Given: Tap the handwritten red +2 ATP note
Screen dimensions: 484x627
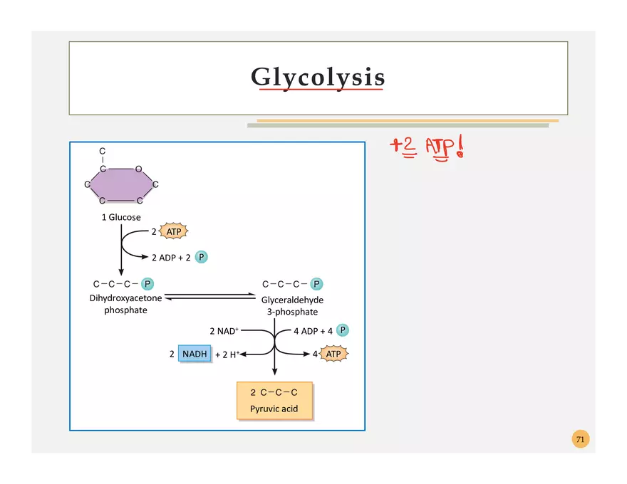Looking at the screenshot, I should click(x=427, y=148).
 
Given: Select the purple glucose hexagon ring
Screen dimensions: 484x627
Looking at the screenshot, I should click(x=120, y=185).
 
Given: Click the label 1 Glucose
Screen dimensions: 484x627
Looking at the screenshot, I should click(x=120, y=217).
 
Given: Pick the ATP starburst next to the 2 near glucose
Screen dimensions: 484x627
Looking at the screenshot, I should click(x=174, y=231).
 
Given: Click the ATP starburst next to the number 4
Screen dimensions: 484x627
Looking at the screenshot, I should click(x=333, y=354).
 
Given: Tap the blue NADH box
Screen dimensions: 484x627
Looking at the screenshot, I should click(x=195, y=354).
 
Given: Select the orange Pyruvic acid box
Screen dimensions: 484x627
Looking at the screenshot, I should click(x=274, y=401).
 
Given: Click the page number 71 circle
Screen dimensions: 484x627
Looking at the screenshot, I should click(x=580, y=439).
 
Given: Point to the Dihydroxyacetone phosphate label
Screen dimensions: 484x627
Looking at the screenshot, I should click(x=125, y=304).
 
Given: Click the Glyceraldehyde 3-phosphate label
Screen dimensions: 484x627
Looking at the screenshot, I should click(x=292, y=306).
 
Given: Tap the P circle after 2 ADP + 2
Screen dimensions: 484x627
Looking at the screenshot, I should click(x=202, y=257).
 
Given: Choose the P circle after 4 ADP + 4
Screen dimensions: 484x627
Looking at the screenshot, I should click(x=343, y=330).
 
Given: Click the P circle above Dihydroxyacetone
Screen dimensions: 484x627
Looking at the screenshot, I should click(x=147, y=284).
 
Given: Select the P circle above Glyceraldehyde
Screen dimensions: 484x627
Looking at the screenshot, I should click(x=317, y=284).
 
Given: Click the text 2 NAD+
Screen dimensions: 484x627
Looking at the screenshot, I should click(x=224, y=331).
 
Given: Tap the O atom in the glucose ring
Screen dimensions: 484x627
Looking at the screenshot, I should click(x=138, y=169).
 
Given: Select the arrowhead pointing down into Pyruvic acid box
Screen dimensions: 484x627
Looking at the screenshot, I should click(x=274, y=372).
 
